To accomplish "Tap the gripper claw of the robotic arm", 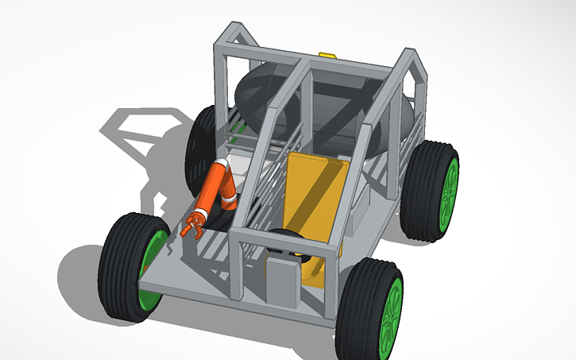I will coord(191,226).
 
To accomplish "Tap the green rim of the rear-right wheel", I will coord(450,191).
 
